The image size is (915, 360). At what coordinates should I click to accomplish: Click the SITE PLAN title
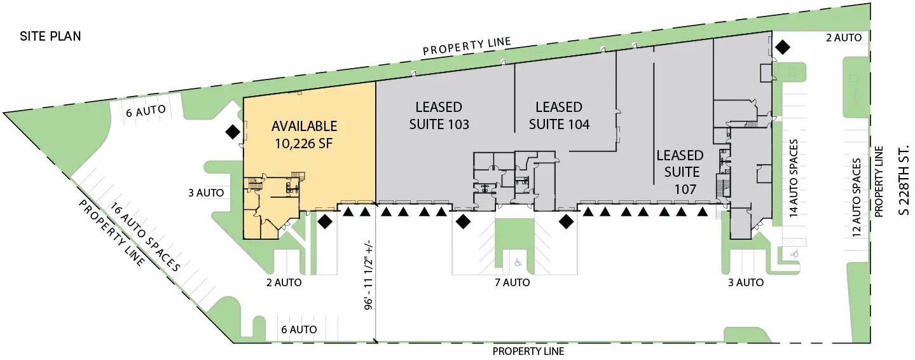50,36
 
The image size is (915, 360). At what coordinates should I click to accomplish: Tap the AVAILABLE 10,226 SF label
305,134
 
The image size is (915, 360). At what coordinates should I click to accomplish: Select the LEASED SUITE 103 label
439,116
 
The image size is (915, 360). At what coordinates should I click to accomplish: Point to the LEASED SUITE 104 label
559,116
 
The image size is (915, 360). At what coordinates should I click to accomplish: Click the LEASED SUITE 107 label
680,172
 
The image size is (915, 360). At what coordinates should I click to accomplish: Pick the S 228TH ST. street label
905,179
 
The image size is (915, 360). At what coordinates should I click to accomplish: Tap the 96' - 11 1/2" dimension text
369,275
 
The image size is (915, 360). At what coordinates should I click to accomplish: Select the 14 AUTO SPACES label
794,177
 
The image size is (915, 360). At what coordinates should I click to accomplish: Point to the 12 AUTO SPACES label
857,197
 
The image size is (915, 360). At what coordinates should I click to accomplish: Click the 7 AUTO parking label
513,282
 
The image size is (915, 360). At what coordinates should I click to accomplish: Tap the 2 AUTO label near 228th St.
844,38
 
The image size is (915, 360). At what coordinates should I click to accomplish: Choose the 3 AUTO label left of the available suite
206,193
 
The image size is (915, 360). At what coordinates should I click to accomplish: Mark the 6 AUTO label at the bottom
299,329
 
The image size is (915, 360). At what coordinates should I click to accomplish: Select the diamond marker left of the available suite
233,132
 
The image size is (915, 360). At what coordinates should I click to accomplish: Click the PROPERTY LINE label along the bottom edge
528,351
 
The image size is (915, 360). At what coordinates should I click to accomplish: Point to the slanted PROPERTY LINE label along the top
467,46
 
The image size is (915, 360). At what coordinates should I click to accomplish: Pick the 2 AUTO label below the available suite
284,282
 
